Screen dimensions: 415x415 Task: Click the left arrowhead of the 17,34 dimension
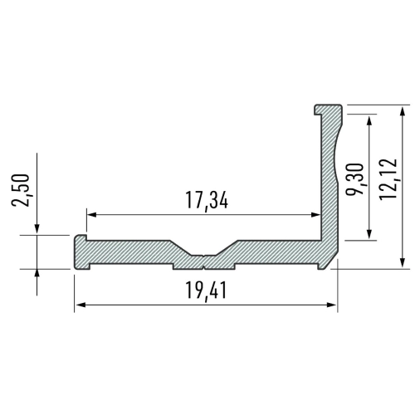pyautogui.click(x=92, y=215)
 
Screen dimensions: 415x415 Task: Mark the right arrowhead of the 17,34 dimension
pyautogui.click(x=315, y=215)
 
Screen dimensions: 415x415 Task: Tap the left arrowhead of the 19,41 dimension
pyautogui.click(x=81, y=305)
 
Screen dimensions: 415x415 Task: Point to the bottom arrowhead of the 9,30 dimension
pyautogui.click(x=369, y=235)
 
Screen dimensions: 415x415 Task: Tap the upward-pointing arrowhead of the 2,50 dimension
pyautogui.click(x=38, y=275)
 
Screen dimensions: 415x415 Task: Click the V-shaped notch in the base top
pyautogui.click(x=203, y=252)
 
